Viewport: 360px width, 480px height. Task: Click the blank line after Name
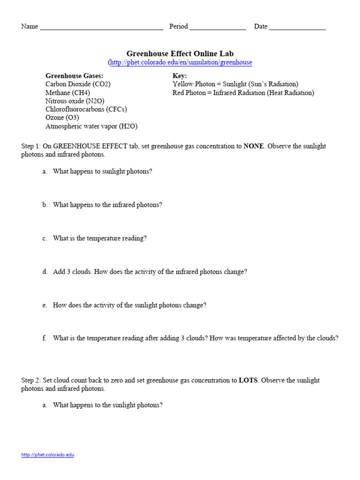click(x=101, y=27)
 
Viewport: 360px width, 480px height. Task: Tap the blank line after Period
click(x=217, y=27)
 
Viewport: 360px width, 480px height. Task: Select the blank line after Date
click(x=297, y=27)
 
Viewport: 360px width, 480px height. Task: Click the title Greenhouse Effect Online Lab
click(x=180, y=53)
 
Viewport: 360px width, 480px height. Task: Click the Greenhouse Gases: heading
click(x=74, y=75)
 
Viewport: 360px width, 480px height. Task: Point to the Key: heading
click(x=180, y=75)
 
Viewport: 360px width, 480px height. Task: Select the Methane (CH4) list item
click(x=67, y=93)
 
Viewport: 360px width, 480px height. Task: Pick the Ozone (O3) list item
click(x=62, y=118)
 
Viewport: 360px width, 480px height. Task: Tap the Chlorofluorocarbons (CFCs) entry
click(x=86, y=109)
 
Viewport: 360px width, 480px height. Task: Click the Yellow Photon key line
click(x=235, y=84)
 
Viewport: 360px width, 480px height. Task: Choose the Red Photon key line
click(x=243, y=93)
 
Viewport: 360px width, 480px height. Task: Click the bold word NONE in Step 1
click(x=254, y=146)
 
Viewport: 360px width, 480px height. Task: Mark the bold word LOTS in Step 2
click(x=248, y=380)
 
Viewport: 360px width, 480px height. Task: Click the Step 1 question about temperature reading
click(x=100, y=238)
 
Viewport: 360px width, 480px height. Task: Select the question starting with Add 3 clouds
click(x=150, y=272)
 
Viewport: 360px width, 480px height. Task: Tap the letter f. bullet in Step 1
click(x=45, y=338)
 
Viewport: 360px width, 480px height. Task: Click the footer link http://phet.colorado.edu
click(x=48, y=455)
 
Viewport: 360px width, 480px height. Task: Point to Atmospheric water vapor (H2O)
click(x=91, y=126)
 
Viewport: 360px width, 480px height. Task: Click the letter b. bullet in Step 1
click(x=45, y=205)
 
